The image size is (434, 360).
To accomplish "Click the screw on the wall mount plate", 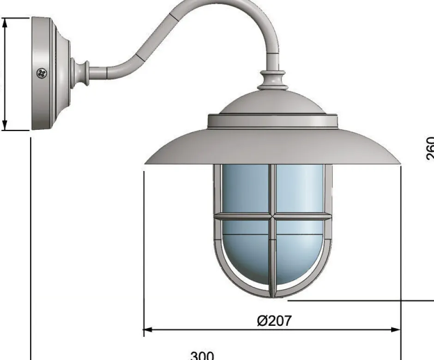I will click(x=42, y=73).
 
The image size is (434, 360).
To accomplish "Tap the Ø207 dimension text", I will click(x=274, y=320).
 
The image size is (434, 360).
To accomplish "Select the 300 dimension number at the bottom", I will click(x=202, y=355).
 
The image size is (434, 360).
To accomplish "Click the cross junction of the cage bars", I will click(x=273, y=216).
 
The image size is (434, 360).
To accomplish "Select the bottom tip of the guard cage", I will click(x=273, y=296).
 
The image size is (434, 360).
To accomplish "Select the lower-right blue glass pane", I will click(x=300, y=250).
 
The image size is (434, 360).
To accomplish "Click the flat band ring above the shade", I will click(x=272, y=122).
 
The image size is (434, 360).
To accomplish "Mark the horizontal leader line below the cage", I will click(x=360, y=300).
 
